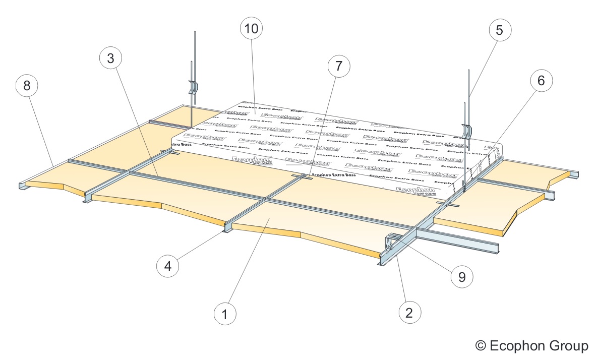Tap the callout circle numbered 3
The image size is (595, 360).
click(x=110, y=58)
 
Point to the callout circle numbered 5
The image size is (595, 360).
click(x=499, y=30)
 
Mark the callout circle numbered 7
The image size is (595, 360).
click(x=338, y=66)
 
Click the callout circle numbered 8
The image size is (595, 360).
click(x=27, y=85)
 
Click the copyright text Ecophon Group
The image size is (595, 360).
click(x=532, y=346)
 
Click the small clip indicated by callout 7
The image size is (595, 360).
click(x=306, y=176)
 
